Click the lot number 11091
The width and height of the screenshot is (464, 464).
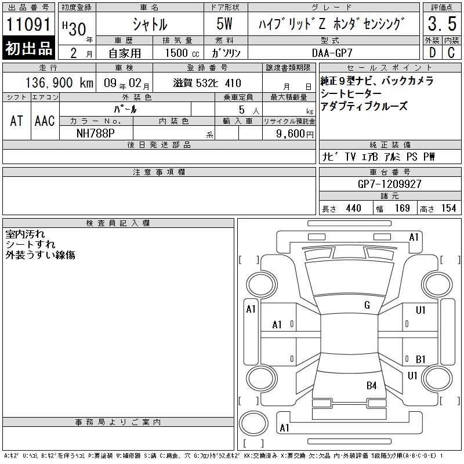(28, 24)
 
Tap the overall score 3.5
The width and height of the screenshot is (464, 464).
(442, 23)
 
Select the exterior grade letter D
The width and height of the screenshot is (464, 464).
(432, 52)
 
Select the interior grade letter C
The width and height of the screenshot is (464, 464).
(451, 52)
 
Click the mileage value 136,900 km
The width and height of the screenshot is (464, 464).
(60, 82)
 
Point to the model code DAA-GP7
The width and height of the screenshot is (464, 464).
(332, 53)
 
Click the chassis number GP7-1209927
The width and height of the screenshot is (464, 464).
(389, 184)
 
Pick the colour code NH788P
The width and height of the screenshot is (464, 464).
(95, 133)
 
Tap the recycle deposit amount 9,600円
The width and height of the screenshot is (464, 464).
(295, 134)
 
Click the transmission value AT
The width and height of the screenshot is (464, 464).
(17, 121)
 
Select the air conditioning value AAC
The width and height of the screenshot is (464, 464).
(45, 121)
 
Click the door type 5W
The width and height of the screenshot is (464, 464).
(224, 24)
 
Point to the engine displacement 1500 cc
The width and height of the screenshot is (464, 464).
(182, 53)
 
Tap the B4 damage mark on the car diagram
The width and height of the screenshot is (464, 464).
(371, 386)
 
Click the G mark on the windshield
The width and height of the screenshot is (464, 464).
(367, 305)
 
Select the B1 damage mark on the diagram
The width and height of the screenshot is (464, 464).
(420, 359)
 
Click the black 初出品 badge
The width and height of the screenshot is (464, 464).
(28, 48)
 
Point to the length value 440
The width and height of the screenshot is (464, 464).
(353, 208)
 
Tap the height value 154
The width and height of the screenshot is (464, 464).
(448, 208)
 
